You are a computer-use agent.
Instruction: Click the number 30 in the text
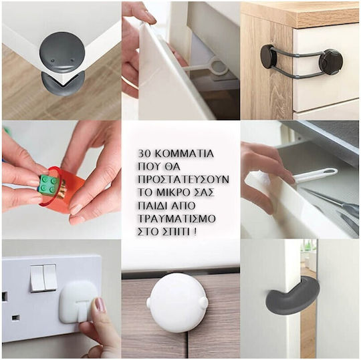click(144, 154)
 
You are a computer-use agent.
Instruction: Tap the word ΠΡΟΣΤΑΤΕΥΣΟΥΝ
click(183, 180)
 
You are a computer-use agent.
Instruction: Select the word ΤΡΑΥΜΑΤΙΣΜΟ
click(176, 218)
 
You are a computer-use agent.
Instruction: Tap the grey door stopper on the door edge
click(292, 296)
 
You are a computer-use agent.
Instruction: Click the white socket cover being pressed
click(76, 301)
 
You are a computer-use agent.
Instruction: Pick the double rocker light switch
click(43, 278)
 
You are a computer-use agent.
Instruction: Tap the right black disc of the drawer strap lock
click(331, 61)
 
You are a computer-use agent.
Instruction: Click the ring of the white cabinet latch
click(219, 67)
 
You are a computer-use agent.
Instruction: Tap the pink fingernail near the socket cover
click(100, 305)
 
